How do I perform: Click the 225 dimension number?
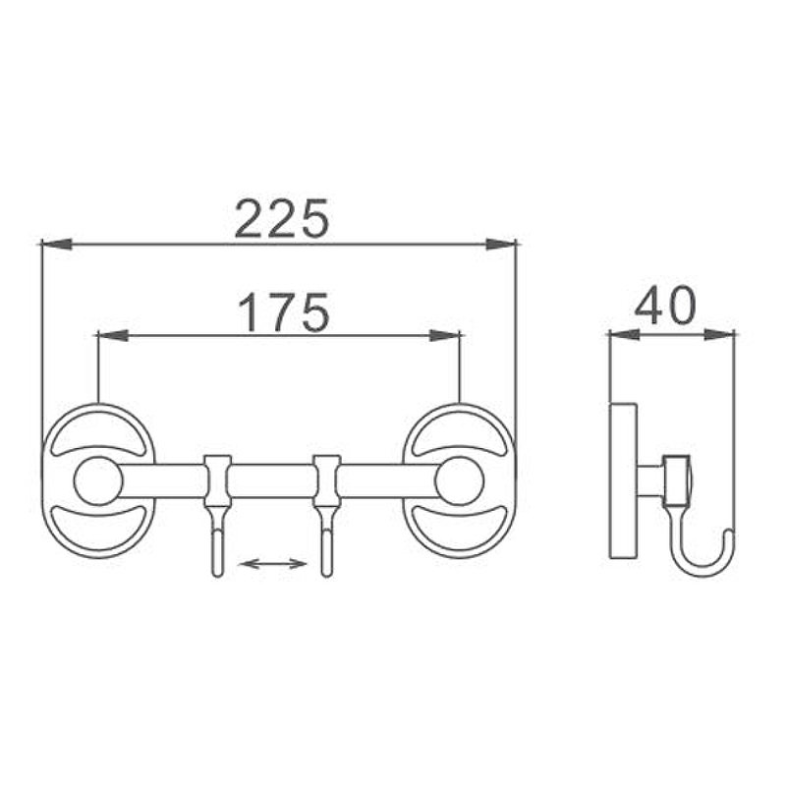click(282, 218)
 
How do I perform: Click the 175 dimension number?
click(284, 312)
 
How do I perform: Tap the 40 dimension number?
click(666, 305)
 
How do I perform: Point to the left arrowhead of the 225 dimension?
click(57, 244)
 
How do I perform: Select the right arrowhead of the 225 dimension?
click(501, 244)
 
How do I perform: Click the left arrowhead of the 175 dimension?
click(113, 335)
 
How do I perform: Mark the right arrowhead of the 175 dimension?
click(445, 335)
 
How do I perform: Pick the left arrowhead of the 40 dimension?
click(624, 335)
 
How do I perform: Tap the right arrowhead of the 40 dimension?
click(719, 335)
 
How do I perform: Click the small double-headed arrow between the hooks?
click(273, 564)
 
